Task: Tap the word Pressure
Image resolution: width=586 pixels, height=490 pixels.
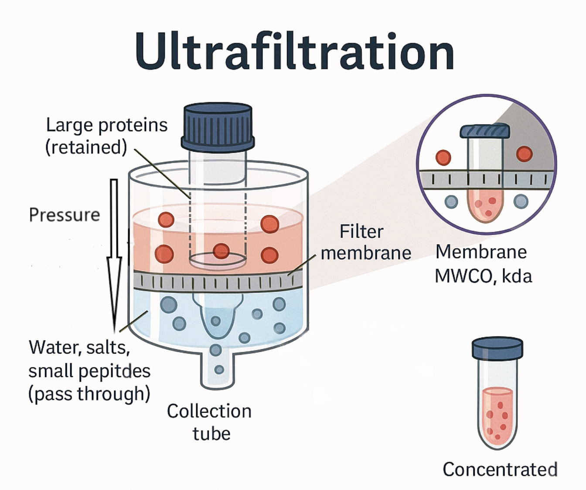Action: pyautogui.click(x=65, y=215)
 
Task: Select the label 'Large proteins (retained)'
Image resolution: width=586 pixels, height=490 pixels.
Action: pyautogui.click(x=106, y=136)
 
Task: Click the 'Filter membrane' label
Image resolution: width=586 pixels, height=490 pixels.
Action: pyautogui.click(x=365, y=242)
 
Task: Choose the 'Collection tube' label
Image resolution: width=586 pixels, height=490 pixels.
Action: pyautogui.click(x=209, y=422)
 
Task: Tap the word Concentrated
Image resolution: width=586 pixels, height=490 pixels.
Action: pyautogui.click(x=500, y=470)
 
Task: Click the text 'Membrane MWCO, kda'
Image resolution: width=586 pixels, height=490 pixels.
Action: pyautogui.click(x=483, y=264)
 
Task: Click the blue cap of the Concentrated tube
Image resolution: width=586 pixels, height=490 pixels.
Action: pyautogui.click(x=497, y=348)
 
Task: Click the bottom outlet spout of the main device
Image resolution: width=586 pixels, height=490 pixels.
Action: pyautogui.click(x=218, y=371)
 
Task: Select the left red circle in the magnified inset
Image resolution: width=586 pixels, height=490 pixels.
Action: pyautogui.click(x=443, y=157)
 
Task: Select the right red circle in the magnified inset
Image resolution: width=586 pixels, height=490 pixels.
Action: pyautogui.click(x=524, y=154)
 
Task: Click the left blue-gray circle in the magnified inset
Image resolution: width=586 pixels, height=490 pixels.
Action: pyautogui.click(x=451, y=201)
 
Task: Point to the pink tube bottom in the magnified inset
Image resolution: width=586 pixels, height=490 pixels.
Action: pyautogui.click(x=484, y=205)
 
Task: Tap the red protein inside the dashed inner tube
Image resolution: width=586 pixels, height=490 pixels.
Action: pyautogui.click(x=221, y=251)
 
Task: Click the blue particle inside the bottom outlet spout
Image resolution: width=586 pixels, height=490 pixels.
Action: pyautogui.click(x=219, y=370)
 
